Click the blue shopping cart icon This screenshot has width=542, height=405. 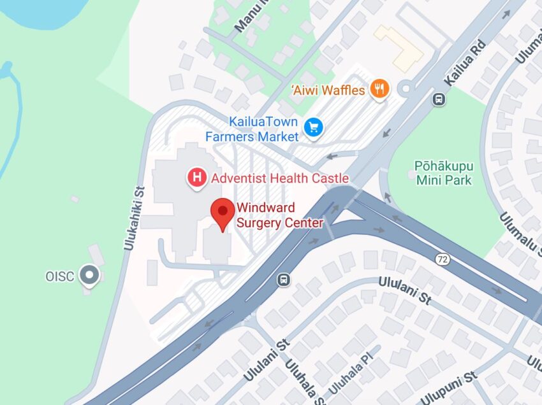tap(313, 127)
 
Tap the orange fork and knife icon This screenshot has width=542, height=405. tap(380, 90)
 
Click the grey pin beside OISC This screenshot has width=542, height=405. tap(90, 276)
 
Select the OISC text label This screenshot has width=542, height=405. tap(60, 276)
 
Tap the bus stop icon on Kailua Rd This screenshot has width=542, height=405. tap(439, 99)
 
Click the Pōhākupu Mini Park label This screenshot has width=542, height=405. tap(443, 173)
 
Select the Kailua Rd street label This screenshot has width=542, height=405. tap(465, 64)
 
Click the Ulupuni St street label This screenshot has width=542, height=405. tap(449, 386)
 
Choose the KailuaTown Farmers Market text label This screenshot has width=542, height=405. tap(251, 129)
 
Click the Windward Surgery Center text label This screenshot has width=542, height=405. tap(279, 215)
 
